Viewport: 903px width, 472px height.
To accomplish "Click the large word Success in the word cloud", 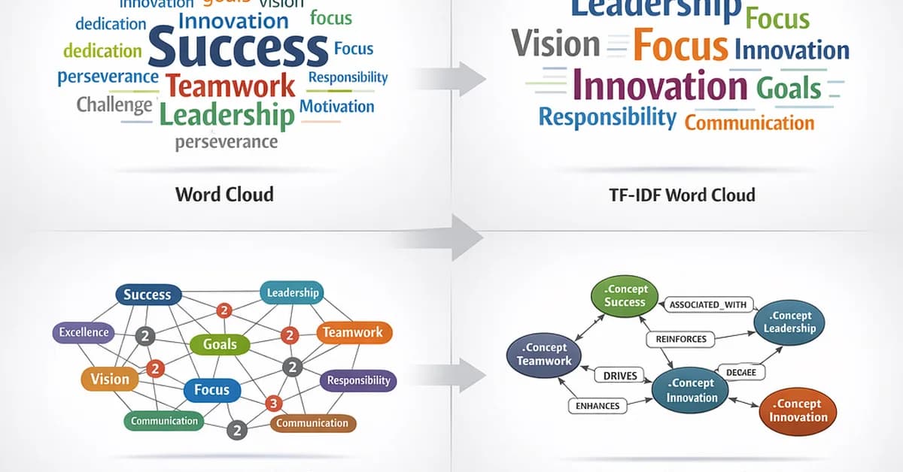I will tap(239, 47).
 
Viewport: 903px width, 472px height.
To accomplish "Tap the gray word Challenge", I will tap(114, 104).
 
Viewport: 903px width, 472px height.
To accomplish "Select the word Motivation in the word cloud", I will tap(336, 106).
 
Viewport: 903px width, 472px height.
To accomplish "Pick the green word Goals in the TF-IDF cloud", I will tap(789, 87).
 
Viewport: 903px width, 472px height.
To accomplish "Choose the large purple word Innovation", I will tap(660, 84).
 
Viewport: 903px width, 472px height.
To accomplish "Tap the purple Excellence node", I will tap(84, 332).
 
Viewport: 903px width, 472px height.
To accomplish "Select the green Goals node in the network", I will tap(220, 345).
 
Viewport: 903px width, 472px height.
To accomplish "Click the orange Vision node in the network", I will tap(110, 380).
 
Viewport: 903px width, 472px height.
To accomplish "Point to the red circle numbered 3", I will tap(274, 404).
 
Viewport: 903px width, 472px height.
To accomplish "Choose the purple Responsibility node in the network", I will tap(358, 380).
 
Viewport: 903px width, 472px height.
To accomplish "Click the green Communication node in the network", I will tap(164, 421).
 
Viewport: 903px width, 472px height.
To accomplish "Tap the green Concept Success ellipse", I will tap(625, 295).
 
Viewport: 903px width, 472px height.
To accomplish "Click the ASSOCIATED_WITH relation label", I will tap(707, 304).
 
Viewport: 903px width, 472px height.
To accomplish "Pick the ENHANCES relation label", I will tap(597, 406).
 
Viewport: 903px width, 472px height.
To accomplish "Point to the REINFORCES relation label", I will tap(681, 339).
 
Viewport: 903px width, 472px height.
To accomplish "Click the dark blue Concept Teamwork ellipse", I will tap(544, 354).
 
